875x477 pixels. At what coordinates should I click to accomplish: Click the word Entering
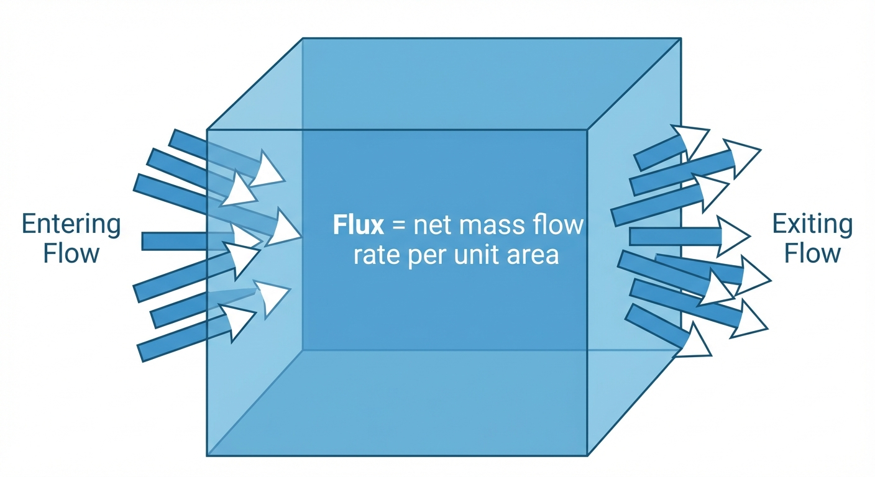[x=71, y=224]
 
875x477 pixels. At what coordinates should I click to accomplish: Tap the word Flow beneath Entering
[x=71, y=253]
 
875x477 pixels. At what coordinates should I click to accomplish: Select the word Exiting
[x=812, y=224]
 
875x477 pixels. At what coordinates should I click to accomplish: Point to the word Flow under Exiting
[x=812, y=253]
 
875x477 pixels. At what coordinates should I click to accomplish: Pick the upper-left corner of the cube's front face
[x=207, y=130]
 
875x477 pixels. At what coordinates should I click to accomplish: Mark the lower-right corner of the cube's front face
[x=588, y=456]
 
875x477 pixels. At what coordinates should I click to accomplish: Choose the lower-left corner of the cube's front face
[x=207, y=456]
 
